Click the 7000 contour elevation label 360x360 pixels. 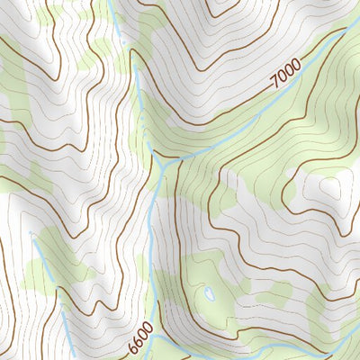[x=285, y=79]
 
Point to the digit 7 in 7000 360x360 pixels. [x=274, y=87]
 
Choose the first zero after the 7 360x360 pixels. [x=282, y=82]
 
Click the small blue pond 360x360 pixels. [x=210, y=293]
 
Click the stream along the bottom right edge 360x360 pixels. [x=333, y=346]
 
